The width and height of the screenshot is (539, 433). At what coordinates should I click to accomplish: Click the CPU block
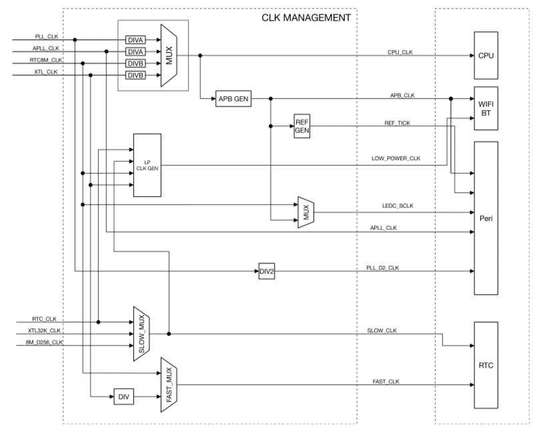[x=486, y=56]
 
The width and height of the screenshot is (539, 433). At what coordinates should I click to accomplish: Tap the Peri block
[x=486, y=218]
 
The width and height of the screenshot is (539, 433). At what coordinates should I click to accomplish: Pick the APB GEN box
[x=232, y=98]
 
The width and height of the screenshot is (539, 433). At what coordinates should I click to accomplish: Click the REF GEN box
[x=302, y=125]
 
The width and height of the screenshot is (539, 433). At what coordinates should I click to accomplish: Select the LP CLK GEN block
[x=147, y=165]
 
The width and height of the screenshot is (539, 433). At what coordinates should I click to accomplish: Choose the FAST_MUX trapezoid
[x=168, y=384]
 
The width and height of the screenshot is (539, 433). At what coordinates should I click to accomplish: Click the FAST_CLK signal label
[x=386, y=380]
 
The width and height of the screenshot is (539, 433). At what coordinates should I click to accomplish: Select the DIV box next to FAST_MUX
[x=123, y=396]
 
